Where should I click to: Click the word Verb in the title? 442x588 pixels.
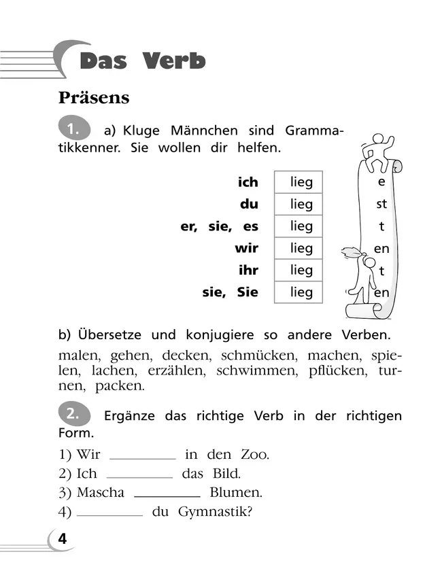pos(174,60)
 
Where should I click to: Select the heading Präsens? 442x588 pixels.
pos(94,98)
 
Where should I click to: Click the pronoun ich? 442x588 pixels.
pos(248,182)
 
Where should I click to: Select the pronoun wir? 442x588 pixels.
pos(246,248)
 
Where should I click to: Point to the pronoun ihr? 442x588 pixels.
pos(248,270)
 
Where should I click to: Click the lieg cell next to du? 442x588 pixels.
pos(299,204)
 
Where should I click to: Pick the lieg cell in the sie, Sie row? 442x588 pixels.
pos(299,292)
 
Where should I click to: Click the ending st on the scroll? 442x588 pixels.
pos(381,204)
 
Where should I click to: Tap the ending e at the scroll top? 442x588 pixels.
pos(381,182)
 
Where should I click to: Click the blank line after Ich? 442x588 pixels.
pos(139,477)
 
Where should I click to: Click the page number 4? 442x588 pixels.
pos(63,540)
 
